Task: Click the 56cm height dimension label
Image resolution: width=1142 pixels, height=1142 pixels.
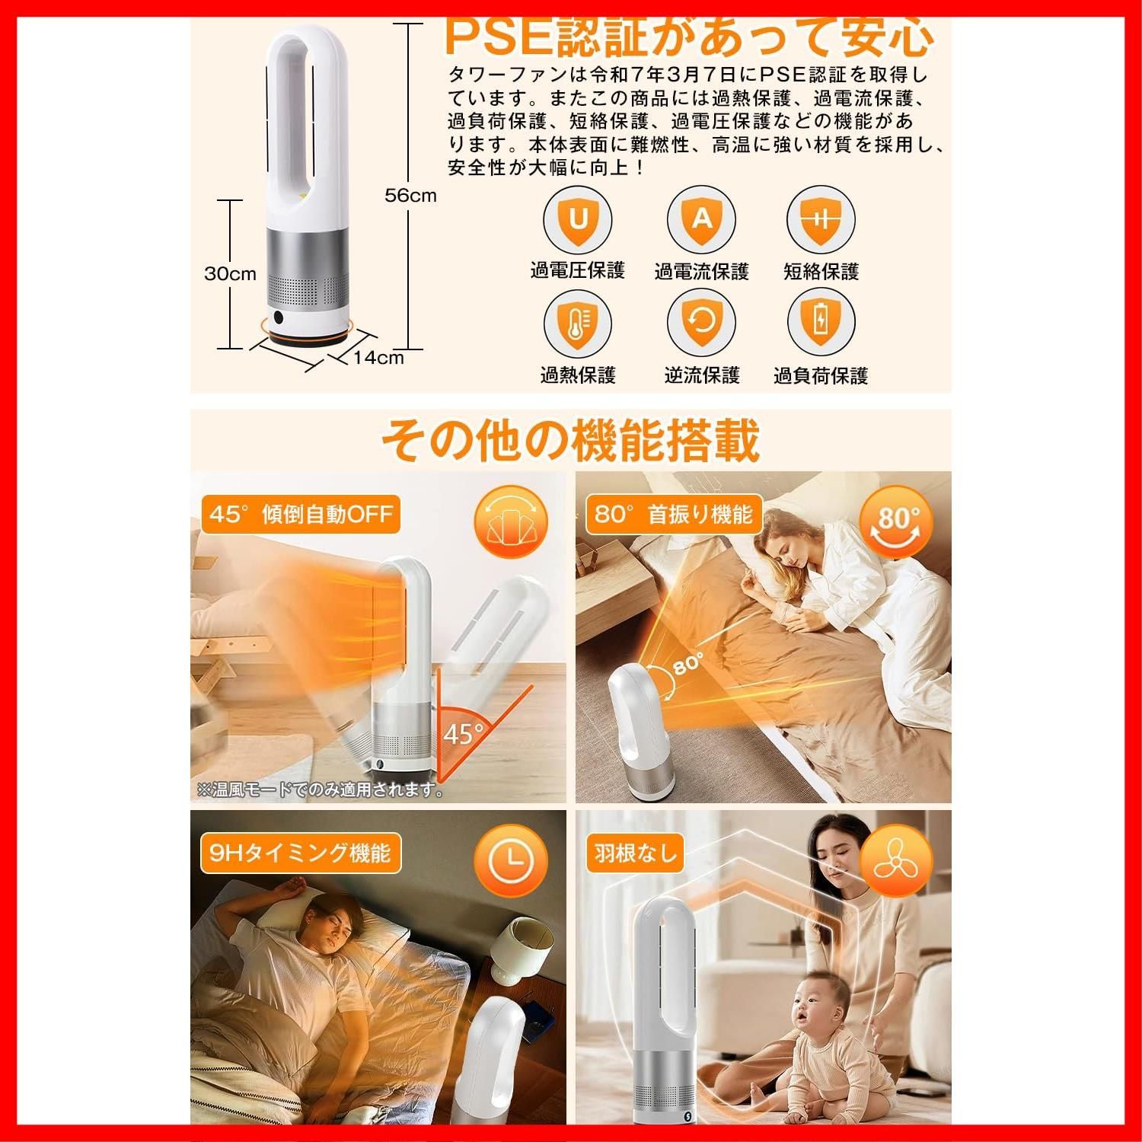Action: click(x=410, y=195)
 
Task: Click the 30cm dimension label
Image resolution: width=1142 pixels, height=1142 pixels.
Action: click(x=230, y=273)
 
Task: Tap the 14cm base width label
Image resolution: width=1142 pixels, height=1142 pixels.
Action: click(x=378, y=358)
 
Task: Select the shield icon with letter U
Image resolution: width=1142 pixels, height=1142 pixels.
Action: click(x=578, y=220)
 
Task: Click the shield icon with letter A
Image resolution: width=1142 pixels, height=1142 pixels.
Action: click(x=701, y=220)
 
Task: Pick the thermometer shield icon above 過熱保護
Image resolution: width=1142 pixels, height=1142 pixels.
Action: click(x=578, y=324)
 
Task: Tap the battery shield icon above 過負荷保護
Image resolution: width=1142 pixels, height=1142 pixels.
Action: click(x=821, y=324)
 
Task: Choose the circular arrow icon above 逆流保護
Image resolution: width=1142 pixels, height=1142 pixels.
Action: click(x=701, y=324)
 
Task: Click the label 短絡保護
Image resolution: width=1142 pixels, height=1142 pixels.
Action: click(x=821, y=272)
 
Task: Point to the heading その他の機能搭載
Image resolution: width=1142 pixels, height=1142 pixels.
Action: click(x=569, y=440)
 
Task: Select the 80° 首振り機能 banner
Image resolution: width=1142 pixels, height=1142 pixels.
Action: click(x=673, y=515)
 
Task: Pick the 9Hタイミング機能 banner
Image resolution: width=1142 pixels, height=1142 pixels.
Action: click(x=300, y=853)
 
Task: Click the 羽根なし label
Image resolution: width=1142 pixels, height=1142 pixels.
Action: click(x=636, y=853)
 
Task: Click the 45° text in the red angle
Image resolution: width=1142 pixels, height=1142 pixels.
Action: click(x=463, y=734)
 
